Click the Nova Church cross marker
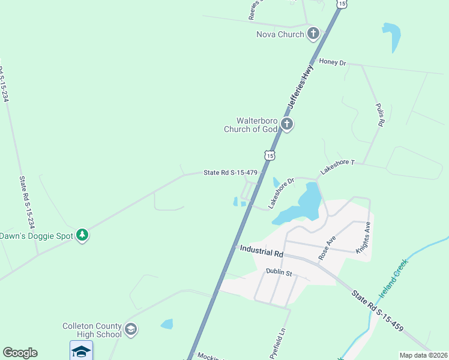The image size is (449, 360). click(313, 34)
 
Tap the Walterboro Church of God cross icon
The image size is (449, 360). click(287, 125)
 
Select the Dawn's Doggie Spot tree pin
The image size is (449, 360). click(82, 235)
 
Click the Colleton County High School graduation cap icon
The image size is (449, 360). click(131, 329)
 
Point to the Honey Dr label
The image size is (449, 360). click(333, 62)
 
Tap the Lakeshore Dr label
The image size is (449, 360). click(281, 192)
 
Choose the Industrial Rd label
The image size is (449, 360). click(261, 249)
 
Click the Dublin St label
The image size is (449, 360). click(279, 273)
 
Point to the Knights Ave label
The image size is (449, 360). click(363, 237)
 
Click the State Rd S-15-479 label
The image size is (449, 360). click(231, 173)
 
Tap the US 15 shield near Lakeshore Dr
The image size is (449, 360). click(270, 155)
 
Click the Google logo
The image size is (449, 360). click(20, 353)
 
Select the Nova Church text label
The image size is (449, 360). click(279, 34)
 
